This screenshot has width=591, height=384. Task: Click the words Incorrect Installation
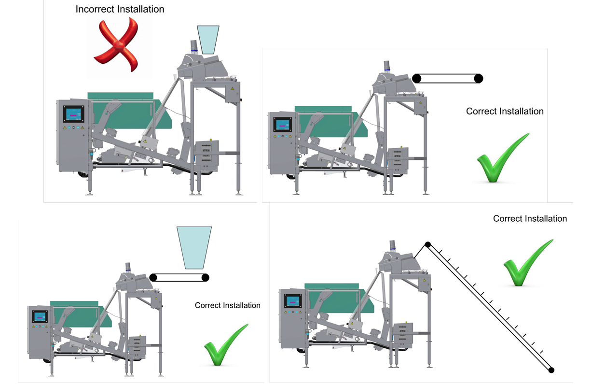coord(120,9)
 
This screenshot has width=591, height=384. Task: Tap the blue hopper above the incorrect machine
coord(208,39)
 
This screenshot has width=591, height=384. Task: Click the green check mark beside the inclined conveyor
coord(527,264)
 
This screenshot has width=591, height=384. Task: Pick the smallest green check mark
coord(225,345)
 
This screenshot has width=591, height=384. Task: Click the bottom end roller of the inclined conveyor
coord(551,370)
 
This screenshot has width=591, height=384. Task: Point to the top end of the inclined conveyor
coord(427,244)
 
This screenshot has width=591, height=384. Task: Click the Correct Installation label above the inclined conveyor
coord(530,218)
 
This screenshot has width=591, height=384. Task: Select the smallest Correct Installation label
coord(227,305)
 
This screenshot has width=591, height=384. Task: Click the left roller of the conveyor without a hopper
coord(417,78)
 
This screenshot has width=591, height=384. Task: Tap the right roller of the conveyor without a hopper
coord(478,78)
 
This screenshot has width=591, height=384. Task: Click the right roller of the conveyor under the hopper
coord(205,277)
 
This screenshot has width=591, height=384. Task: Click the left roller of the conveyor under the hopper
coord(154,277)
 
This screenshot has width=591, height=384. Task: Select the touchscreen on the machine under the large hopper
coord(40,316)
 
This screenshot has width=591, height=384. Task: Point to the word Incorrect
coord(96,9)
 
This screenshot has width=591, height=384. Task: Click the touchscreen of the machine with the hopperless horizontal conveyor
coord(282,124)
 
